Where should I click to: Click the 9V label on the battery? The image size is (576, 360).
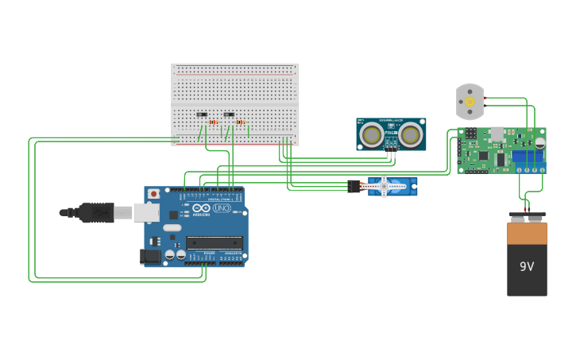coord(527,267)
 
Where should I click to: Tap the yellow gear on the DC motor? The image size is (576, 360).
coord(470,103)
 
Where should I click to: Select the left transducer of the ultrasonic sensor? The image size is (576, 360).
coord(370,136)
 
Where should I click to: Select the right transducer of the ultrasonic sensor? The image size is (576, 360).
coord(410,136)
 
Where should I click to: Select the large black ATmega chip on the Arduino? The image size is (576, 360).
coord(214,242)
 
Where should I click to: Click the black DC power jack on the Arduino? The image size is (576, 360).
coord(149,256)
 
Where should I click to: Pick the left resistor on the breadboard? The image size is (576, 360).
coord(213,122)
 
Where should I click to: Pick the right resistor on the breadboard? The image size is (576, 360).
coord(240,122)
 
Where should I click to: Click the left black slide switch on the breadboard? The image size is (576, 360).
coord(202,115)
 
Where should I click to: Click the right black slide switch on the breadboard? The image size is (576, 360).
coord(229,115)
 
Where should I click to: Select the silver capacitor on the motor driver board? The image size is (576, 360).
coord(540,142)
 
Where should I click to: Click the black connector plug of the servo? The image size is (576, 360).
coord(354,186)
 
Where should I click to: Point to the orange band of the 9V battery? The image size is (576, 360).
coord(527,234)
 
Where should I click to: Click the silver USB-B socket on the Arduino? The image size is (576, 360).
coord(146,212)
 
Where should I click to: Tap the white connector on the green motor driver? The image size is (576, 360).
coord(497,134)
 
